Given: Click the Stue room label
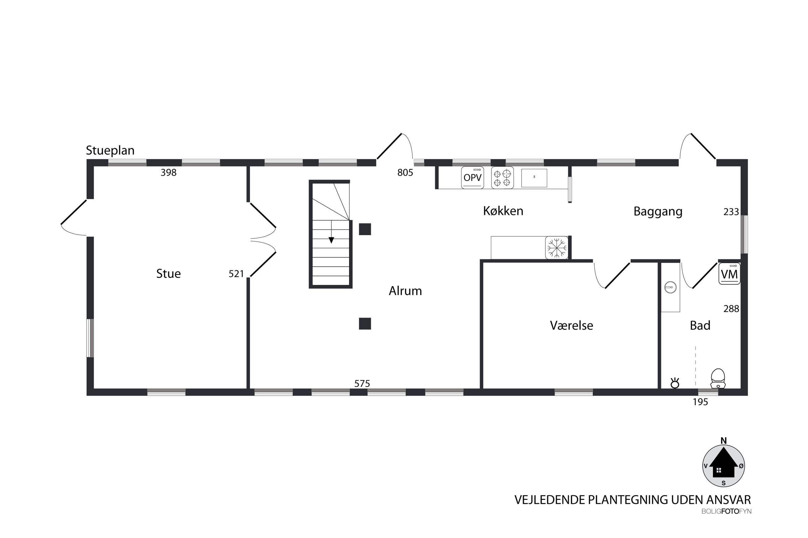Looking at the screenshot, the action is coord(168,274).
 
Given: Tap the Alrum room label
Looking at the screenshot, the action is coord(405,291).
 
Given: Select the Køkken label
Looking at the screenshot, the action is coord(503,211).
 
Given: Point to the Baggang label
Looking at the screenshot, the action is coord(658,212).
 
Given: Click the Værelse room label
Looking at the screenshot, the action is coord(572,325).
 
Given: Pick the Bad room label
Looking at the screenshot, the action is coord(700,325).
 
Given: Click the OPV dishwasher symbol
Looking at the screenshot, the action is coord(472,177).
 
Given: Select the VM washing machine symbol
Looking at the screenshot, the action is coord(729,274).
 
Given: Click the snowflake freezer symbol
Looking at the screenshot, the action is coord(557,248).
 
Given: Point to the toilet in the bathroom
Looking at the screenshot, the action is coord(718,378).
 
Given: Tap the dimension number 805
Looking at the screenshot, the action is coord(405,173).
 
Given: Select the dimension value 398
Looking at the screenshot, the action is coord(169,173).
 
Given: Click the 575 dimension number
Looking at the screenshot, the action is coord(362,384).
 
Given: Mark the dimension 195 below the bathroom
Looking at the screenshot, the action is coord(700,402).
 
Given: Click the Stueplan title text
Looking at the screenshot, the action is coord(110,151).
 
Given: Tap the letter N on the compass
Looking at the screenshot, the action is coord(723,441).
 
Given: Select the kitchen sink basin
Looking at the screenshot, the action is coord(534,178).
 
